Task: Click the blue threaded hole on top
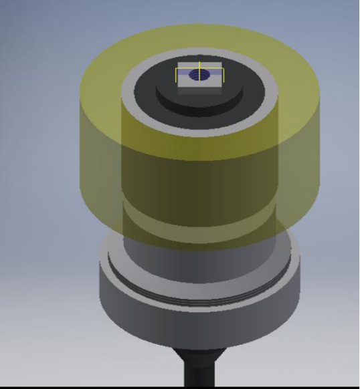click(199, 76)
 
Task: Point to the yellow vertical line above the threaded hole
click(199, 66)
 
